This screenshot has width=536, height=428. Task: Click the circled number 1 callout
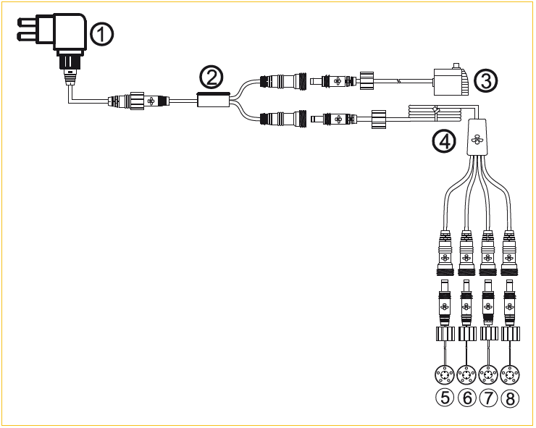click(x=101, y=33)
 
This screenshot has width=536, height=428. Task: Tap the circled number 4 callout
click(x=444, y=142)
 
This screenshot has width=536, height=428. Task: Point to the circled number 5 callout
click(x=443, y=397)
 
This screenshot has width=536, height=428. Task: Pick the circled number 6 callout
click(x=466, y=397)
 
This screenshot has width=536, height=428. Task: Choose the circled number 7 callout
click(x=489, y=397)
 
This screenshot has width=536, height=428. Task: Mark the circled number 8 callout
click(x=511, y=397)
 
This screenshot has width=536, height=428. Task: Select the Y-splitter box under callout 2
click(x=214, y=101)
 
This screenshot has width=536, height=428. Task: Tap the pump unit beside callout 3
click(x=451, y=81)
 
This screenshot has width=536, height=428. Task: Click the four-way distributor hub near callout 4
click(x=477, y=135)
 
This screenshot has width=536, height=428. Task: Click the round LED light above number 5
click(x=443, y=374)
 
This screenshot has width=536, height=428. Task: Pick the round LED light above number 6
click(x=466, y=374)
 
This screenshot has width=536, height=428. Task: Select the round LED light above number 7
click(x=489, y=374)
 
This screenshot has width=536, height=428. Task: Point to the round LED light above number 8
click(x=511, y=374)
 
